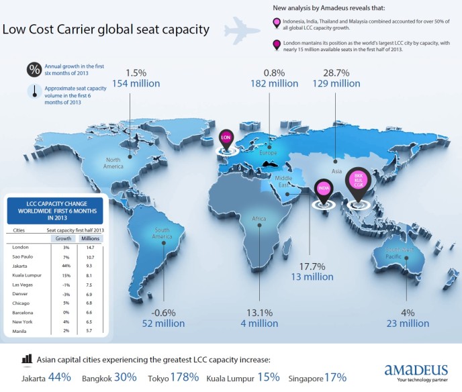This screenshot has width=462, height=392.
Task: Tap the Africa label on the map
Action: pos(259,219)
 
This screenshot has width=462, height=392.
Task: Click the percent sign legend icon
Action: pos(33,69)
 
